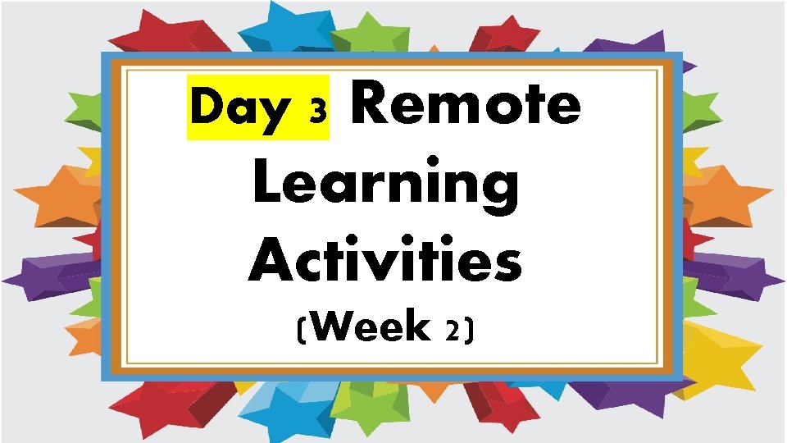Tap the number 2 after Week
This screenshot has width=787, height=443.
click(x=452, y=331)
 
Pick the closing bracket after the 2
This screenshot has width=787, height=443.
click(x=469, y=330)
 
